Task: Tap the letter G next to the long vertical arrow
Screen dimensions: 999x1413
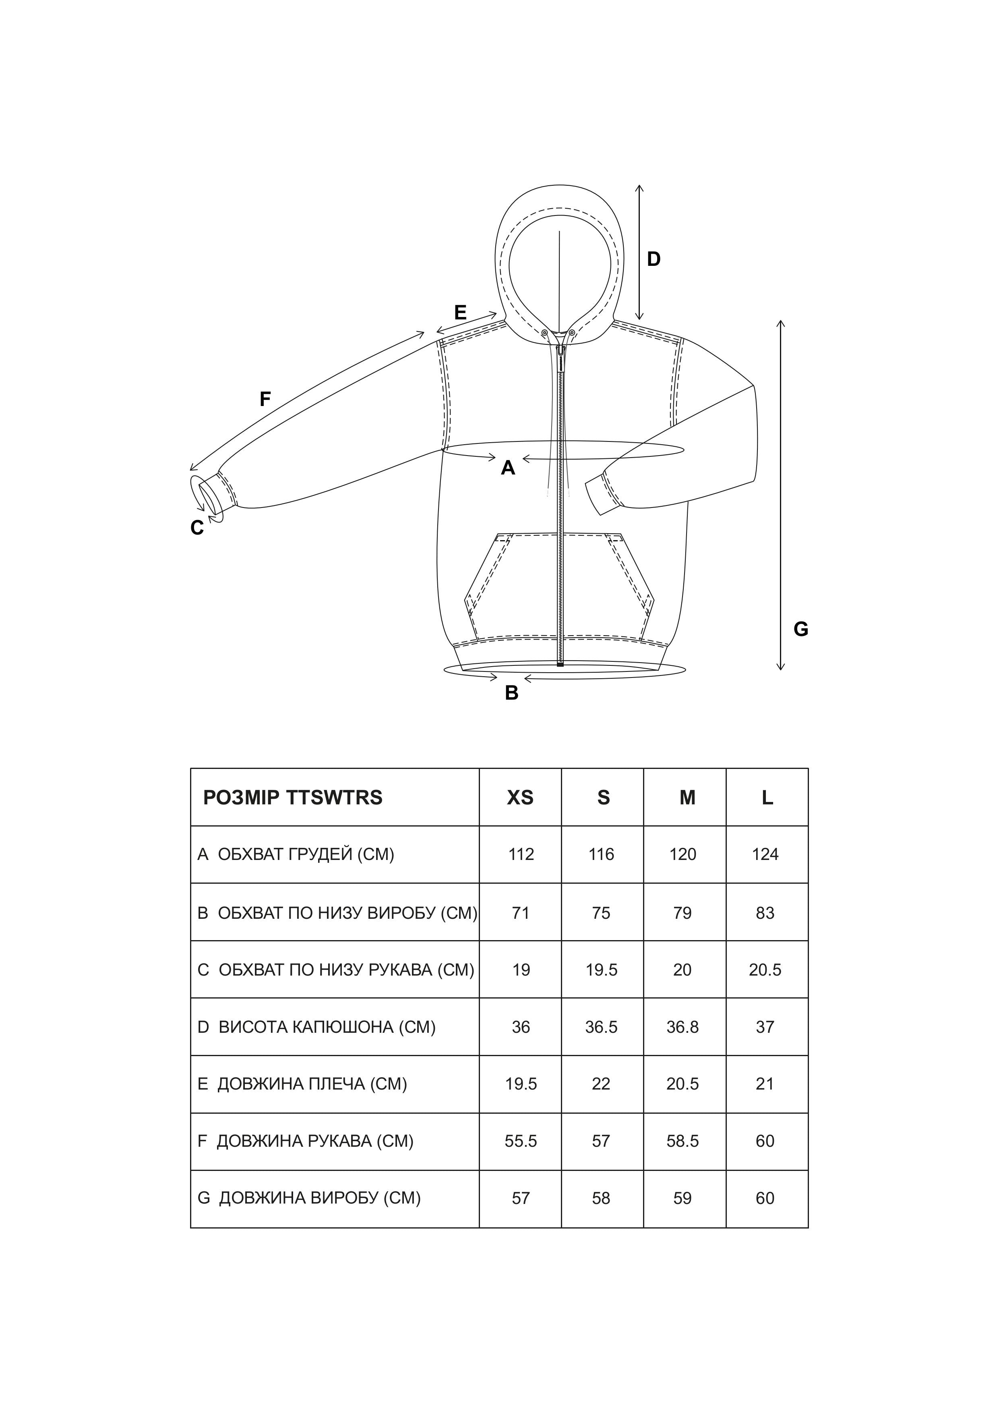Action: pyautogui.click(x=800, y=629)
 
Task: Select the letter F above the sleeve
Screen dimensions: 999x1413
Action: pyautogui.click(x=265, y=400)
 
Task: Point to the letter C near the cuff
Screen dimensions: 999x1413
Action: pyautogui.click(x=197, y=528)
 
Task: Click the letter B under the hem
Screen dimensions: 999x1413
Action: pyautogui.click(x=511, y=693)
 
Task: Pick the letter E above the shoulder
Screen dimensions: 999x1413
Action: pyautogui.click(x=460, y=313)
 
